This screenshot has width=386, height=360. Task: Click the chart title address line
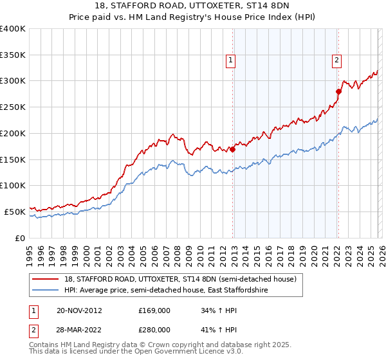point(193,6)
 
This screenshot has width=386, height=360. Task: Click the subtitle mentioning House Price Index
point(193,17)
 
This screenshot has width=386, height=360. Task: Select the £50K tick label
point(15,212)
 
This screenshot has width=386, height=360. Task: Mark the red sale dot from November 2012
point(233,149)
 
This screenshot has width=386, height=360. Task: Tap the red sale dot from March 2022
point(338,91)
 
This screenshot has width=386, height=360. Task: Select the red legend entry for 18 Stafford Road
point(180,279)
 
